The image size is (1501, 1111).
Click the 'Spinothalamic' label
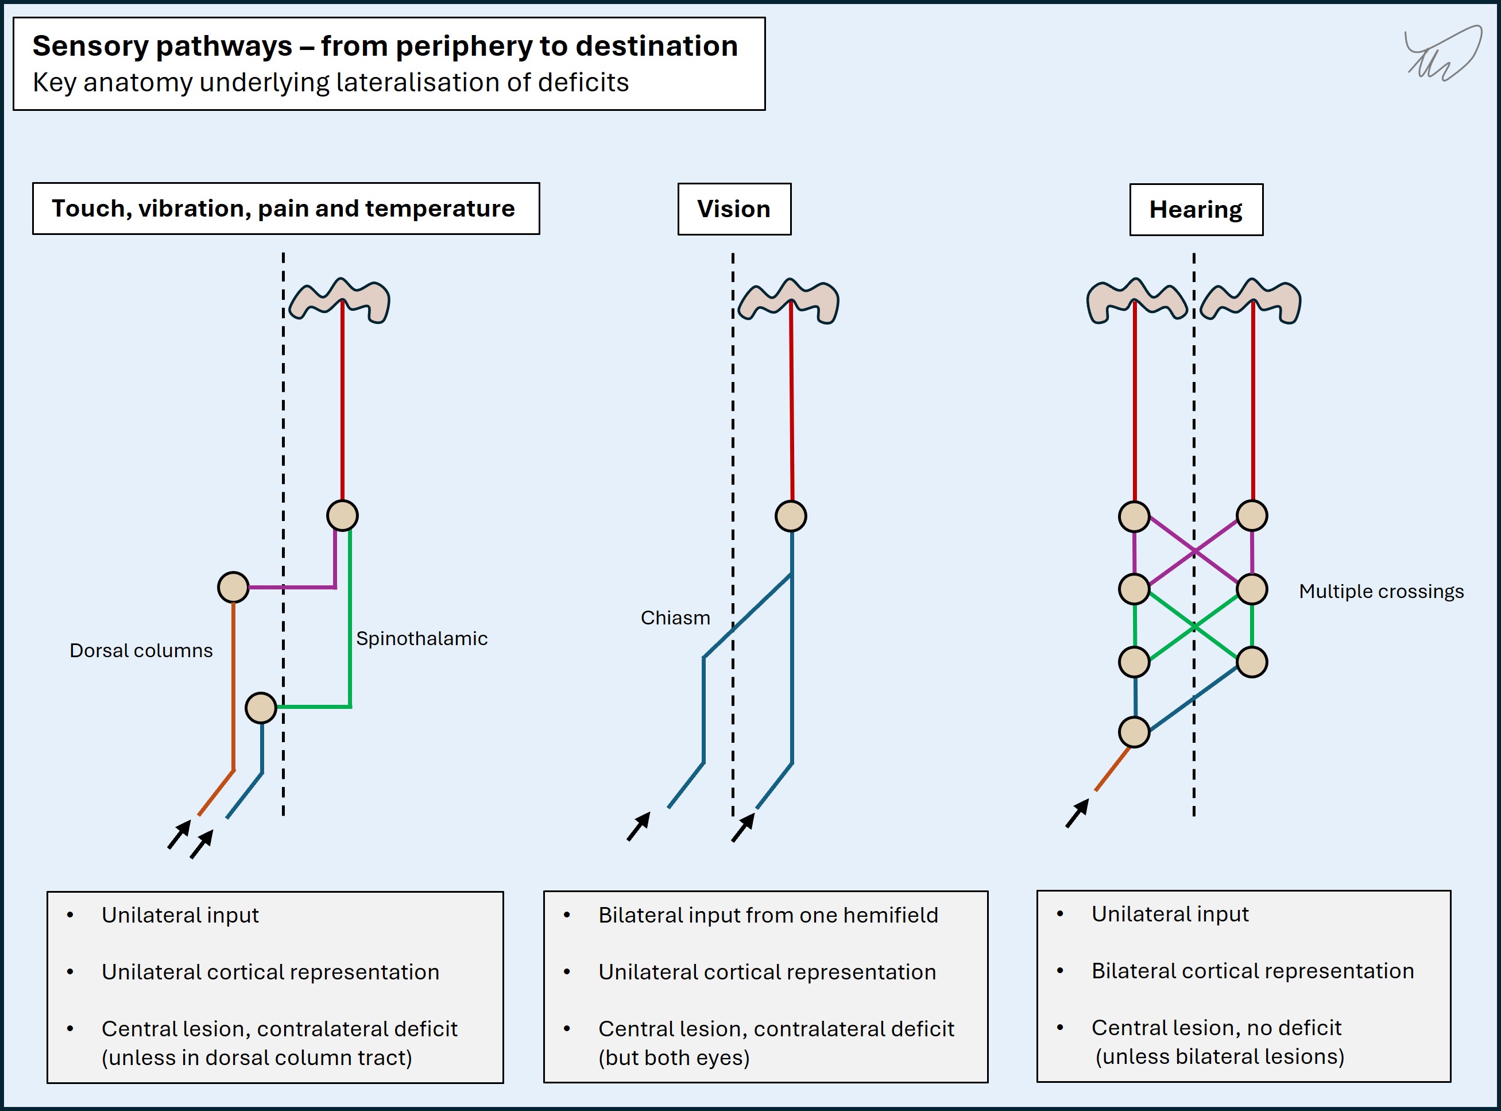click(x=421, y=638)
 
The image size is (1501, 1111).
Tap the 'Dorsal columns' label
click(x=141, y=650)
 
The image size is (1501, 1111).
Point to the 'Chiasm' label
click(x=675, y=618)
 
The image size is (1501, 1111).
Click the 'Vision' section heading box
click(x=734, y=209)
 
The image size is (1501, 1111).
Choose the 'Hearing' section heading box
click(x=1196, y=210)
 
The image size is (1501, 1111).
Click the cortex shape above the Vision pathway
click(x=788, y=301)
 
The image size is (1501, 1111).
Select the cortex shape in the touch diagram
click(x=339, y=300)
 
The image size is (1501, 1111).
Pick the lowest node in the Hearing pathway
click(x=1134, y=732)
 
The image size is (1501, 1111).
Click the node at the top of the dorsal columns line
click(x=233, y=587)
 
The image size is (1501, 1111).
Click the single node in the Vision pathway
click(x=791, y=516)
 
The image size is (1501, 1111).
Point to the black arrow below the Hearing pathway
click(x=1077, y=813)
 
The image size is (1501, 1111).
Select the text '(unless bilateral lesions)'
click(x=1220, y=1056)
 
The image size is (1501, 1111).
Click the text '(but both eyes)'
click(x=674, y=1058)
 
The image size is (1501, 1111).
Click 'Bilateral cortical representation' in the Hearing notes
click(x=1252, y=971)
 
